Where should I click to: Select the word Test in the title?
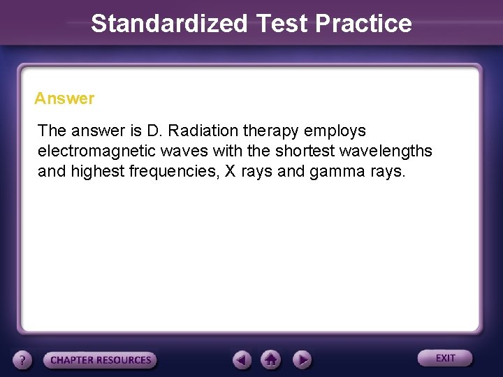282,23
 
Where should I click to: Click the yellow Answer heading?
64,98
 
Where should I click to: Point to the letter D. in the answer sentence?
153,131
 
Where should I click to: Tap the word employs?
335,131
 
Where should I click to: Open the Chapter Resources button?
101,360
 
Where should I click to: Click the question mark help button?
23,360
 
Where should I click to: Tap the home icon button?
271,360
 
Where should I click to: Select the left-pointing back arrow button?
242,360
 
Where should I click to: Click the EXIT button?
445,358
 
